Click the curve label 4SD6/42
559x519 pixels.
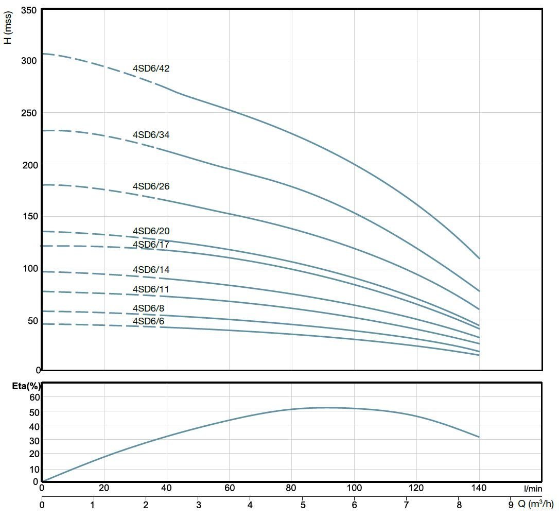tap(151, 68)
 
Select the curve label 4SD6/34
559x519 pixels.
tap(151, 135)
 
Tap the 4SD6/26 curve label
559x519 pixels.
tap(151, 186)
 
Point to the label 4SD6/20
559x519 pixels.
tap(151, 231)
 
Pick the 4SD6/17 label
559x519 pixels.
tap(151, 244)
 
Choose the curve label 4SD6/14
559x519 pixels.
tap(151, 270)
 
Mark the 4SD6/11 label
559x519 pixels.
tap(151, 289)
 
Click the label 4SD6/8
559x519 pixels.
tap(149, 308)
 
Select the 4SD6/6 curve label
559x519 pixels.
tap(149, 321)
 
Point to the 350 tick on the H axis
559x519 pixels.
tap(29, 10)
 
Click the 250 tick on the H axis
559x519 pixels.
tap(29, 113)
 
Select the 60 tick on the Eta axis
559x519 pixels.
tap(34, 397)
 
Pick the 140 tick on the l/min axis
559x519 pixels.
tap(479, 488)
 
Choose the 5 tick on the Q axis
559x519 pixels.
tap(303, 504)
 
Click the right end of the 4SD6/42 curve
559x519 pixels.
tap(479, 258)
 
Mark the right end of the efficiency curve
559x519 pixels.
tap(479, 437)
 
